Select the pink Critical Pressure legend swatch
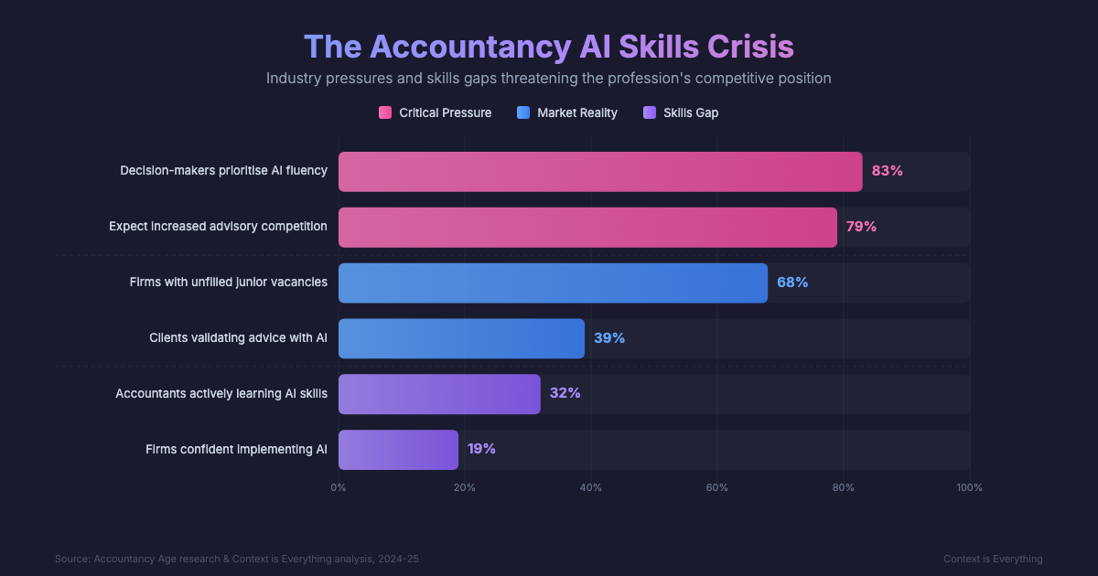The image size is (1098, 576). (x=385, y=112)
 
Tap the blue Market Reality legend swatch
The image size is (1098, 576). (x=523, y=112)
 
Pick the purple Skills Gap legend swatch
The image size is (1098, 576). (x=650, y=112)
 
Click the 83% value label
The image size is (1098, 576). (x=887, y=171)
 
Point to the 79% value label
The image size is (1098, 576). (x=861, y=227)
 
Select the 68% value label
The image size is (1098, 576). (x=792, y=283)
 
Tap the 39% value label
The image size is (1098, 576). (x=609, y=338)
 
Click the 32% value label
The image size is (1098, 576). (x=565, y=393)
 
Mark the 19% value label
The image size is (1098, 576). (x=481, y=449)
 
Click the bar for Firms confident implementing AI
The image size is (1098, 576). (x=398, y=450)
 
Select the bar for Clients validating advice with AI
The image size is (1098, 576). (x=461, y=338)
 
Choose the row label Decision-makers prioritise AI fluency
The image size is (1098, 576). (x=223, y=171)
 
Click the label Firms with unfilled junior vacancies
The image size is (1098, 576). (x=228, y=283)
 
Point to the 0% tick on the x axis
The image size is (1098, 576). (x=339, y=487)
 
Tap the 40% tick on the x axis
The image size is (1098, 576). (x=591, y=487)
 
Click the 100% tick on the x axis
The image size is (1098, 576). (x=969, y=487)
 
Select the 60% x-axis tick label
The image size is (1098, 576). (x=717, y=487)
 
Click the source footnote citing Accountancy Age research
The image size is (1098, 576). (x=237, y=559)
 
